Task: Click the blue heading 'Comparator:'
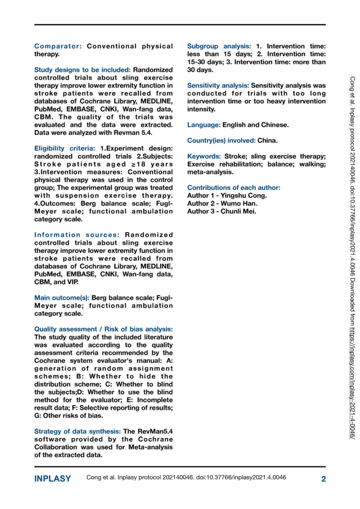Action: point(58,46)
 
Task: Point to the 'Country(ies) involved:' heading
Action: point(221,140)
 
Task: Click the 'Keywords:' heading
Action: point(204,156)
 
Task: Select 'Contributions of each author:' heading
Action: point(234,187)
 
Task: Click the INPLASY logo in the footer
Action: point(53,479)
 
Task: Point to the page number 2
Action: point(323,479)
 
